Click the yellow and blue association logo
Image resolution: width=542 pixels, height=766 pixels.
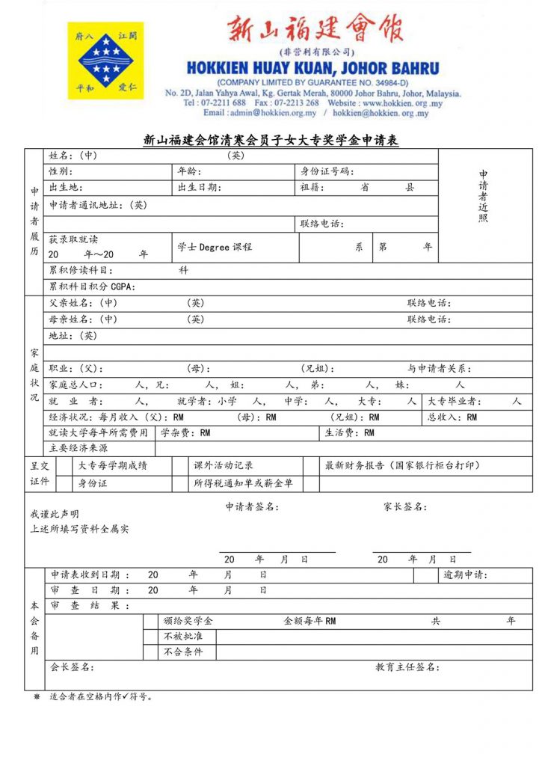point(105,61)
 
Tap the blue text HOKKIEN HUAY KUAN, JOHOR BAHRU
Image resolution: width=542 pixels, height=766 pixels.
point(313,67)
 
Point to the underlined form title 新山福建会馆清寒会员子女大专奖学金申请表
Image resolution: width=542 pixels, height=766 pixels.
point(271,140)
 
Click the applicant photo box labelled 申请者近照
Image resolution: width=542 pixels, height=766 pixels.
point(484,196)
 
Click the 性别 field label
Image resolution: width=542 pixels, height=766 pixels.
point(61,171)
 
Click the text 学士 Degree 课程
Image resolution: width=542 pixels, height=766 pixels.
point(215,247)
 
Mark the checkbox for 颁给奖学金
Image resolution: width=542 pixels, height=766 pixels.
point(150,621)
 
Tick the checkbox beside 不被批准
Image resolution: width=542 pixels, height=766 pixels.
point(150,637)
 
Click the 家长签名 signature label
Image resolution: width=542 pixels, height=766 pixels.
point(405,507)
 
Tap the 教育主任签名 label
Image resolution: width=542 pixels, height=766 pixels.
point(407,667)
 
